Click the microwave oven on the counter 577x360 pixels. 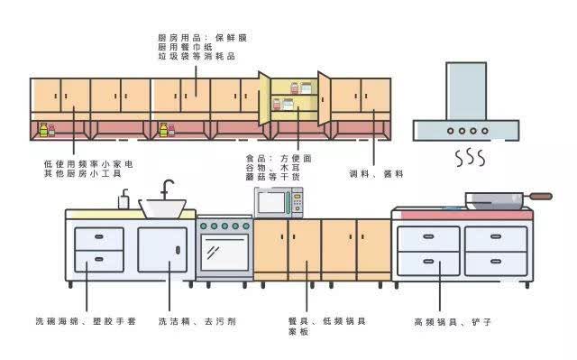pos(279,202)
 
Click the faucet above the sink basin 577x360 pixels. pos(167,189)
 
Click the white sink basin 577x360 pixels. pos(162,208)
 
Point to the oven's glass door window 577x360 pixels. pos(224,252)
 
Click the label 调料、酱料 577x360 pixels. pos(376,174)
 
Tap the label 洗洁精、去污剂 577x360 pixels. pos(197,321)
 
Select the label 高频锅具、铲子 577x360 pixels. pos(453,322)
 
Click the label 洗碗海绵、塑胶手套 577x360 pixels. pos(86,321)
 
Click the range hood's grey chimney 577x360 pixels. pos(466,91)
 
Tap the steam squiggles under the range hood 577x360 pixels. pos(470,158)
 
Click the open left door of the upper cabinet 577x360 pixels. pos(264,98)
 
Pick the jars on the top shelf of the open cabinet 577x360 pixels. pos(301,88)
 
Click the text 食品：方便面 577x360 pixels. pos(279,159)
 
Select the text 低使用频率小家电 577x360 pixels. pos(88,164)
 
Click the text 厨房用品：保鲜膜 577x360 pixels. pos(202,38)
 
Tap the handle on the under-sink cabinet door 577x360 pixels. pos(179,250)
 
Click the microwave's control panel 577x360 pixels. pos(298,203)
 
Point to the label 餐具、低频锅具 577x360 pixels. pos(327,321)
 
